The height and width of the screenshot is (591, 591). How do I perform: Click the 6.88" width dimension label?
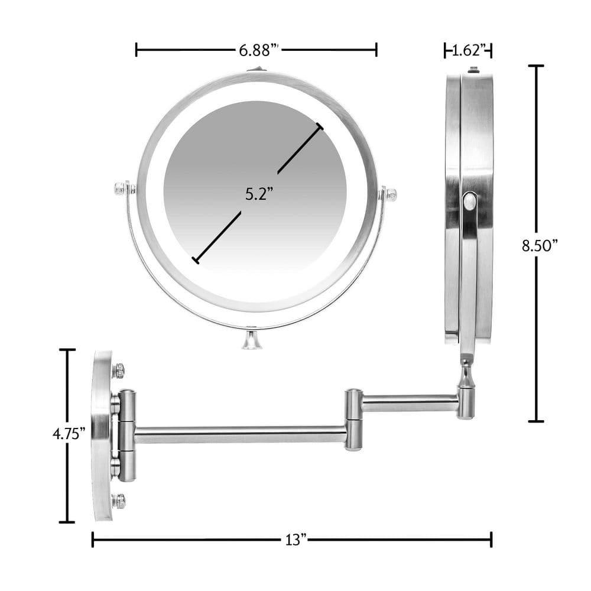(258, 50)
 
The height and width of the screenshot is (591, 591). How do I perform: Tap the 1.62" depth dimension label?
(468, 50)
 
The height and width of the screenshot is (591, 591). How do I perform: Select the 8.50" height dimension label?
(540, 245)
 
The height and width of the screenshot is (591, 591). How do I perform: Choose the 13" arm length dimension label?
(294, 540)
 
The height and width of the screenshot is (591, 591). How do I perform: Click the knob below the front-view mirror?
(252, 341)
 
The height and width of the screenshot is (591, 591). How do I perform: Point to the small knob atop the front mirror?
(255, 70)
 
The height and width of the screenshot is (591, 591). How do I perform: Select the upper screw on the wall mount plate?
(119, 371)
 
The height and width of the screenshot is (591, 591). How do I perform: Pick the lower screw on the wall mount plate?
(119, 501)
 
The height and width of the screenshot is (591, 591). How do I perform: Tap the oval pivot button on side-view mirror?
(469, 202)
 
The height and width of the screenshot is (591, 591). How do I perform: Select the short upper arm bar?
(409, 403)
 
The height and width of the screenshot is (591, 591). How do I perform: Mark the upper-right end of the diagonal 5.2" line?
(320, 126)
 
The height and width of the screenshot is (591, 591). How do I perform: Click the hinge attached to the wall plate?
(126, 435)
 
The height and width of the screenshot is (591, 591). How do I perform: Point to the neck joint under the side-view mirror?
(466, 375)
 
